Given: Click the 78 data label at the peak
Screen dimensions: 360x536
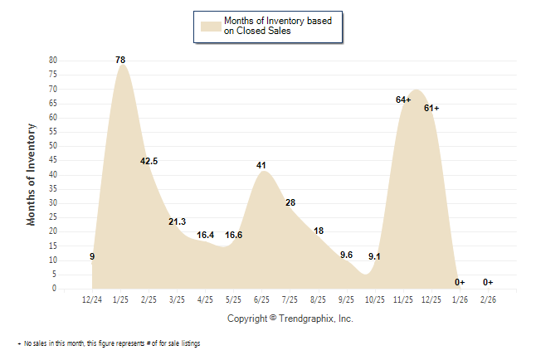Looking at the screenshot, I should point(120,60).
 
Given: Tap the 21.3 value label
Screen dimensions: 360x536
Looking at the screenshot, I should point(177,221).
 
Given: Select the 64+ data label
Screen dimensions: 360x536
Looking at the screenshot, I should point(404,100).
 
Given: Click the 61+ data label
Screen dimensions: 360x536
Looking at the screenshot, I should point(431,108).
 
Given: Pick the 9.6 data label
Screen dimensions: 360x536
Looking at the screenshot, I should point(347,255).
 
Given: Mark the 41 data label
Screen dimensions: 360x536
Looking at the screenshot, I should point(261,165).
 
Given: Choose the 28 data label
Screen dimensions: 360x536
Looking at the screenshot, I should point(290,202).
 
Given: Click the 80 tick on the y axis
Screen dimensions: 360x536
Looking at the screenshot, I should point(52,61).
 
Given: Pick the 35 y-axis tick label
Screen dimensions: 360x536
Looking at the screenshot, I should point(52,189).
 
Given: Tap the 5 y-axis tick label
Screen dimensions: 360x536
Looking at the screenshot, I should point(55,275).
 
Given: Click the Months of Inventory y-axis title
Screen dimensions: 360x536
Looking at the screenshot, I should point(32,174).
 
